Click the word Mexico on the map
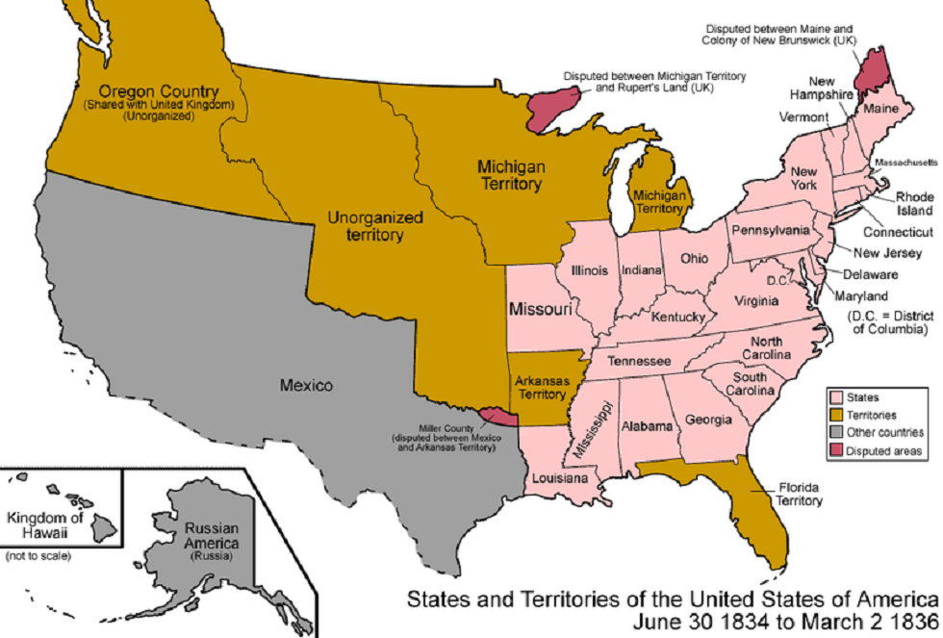[306, 385]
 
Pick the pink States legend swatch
[834, 396]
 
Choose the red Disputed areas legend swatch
[834, 451]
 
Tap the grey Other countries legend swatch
[834, 433]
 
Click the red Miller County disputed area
[497, 416]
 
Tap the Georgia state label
[708, 420]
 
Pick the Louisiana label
[558, 477]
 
